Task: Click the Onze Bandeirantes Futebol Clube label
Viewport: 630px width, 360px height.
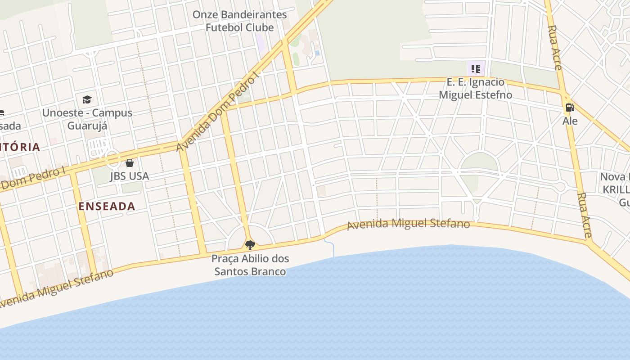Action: tap(239, 21)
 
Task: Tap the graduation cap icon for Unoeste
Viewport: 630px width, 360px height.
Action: tap(87, 99)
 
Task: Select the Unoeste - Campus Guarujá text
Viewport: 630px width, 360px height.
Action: tap(87, 119)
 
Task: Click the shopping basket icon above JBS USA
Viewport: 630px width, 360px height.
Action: tap(130, 163)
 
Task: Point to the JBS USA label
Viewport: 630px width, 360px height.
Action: tap(130, 176)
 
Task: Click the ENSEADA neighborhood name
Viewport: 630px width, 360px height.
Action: tap(107, 207)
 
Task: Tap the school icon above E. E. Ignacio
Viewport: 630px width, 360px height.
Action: tap(476, 69)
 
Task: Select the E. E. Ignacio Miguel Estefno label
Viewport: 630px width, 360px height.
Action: tap(475, 89)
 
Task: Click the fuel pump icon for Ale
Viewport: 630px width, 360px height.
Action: tap(570, 108)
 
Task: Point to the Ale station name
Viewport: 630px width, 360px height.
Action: tap(570, 121)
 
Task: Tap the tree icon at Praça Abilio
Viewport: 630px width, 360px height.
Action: tap(250, 245)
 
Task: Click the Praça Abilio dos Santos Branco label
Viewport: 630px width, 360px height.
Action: tap(250, 265)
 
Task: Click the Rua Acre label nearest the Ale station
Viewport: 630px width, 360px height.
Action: tap(554, 47)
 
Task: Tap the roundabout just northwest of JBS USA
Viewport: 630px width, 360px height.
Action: tap(112, 158)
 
